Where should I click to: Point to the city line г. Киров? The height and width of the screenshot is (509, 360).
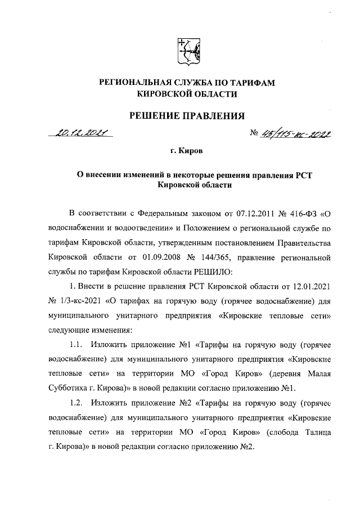click(x=187, y=152)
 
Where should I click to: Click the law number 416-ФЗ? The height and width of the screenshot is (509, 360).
click(x=303, y=214)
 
